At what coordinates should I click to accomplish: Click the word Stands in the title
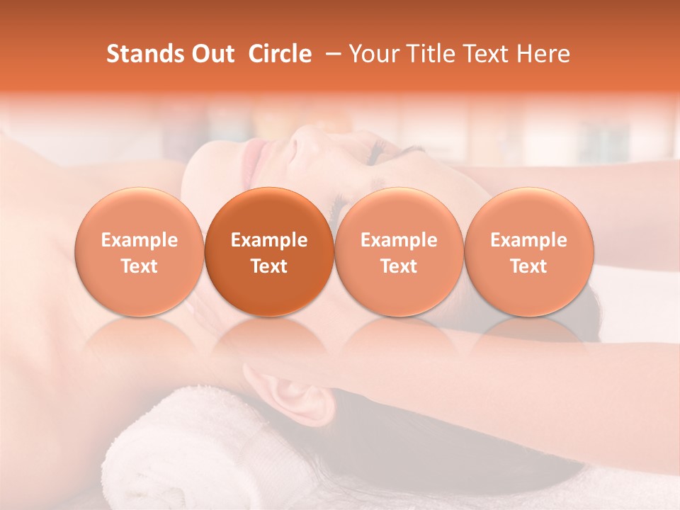(x=144, y=54)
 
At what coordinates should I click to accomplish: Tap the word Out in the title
(x=212, y=54)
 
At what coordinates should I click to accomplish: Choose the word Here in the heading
(x=543, y=54)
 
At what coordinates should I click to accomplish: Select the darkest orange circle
(x=269, y=252)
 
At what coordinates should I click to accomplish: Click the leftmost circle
(x=140, y=252)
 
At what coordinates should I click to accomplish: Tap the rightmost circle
(x=529, y=252)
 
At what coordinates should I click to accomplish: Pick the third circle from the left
(x=399, y=252)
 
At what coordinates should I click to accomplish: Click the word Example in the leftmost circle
(x=140, y=240)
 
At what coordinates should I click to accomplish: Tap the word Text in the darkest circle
(x=269, y=266)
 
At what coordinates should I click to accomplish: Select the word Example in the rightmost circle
(x=529, y=240)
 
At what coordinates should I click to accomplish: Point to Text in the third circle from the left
(x=399, y=266)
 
